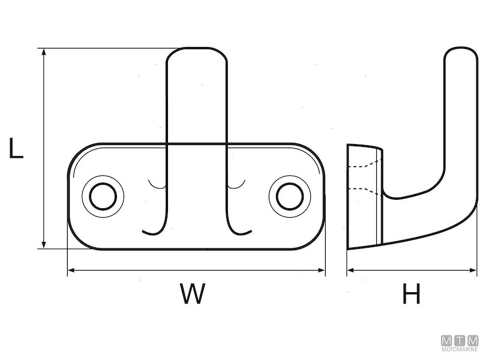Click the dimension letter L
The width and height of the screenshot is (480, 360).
16,148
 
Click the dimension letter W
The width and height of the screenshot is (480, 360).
192,294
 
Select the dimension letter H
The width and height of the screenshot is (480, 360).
411,294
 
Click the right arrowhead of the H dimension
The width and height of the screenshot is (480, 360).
467,271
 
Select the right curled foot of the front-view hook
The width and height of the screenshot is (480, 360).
240,230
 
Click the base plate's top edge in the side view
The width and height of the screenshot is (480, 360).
364,146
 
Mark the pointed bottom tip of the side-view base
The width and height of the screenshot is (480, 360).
350,247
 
